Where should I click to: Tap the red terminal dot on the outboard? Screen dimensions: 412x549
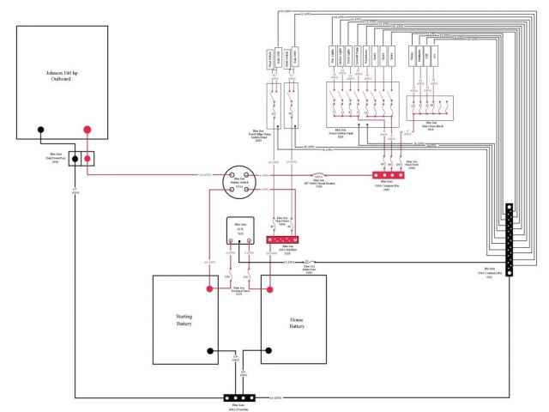pyautogui.click(x=87, y=131)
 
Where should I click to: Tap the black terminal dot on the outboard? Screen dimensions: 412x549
pyautogui.click(x=40, y=131)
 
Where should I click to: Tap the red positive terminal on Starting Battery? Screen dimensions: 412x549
pyautogui.click(x=208, y=288)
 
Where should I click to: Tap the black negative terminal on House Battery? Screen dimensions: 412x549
pyautogui.click(x=267, y=350)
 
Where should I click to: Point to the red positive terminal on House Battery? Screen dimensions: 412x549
pyautogui.click(x=268, y=288)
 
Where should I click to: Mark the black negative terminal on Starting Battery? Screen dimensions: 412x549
pyautogui.click(x=208, y=350)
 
